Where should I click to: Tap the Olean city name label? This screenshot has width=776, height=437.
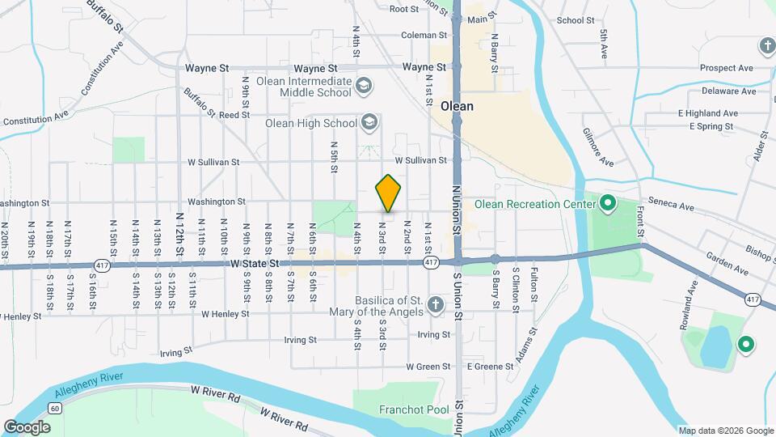tap(458, 106)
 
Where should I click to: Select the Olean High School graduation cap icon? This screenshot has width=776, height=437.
tap(369, 123)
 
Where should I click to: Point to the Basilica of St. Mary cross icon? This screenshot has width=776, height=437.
tap(435, 305)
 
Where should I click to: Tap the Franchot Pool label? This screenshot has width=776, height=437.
tap(414, 409)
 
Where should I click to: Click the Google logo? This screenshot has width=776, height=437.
tap(27, 426)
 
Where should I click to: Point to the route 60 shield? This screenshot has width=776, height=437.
tap(54, 409)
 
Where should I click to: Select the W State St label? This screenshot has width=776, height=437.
tap(255, 264)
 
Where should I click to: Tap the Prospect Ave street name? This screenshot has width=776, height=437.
tap(726, 68)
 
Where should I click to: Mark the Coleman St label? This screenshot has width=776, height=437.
tap(424, 36)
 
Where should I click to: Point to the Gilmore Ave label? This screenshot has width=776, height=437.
tap(597, 146)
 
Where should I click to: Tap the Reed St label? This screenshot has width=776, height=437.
tap(234, 116)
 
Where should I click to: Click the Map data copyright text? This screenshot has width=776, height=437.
tap(725, 431)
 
